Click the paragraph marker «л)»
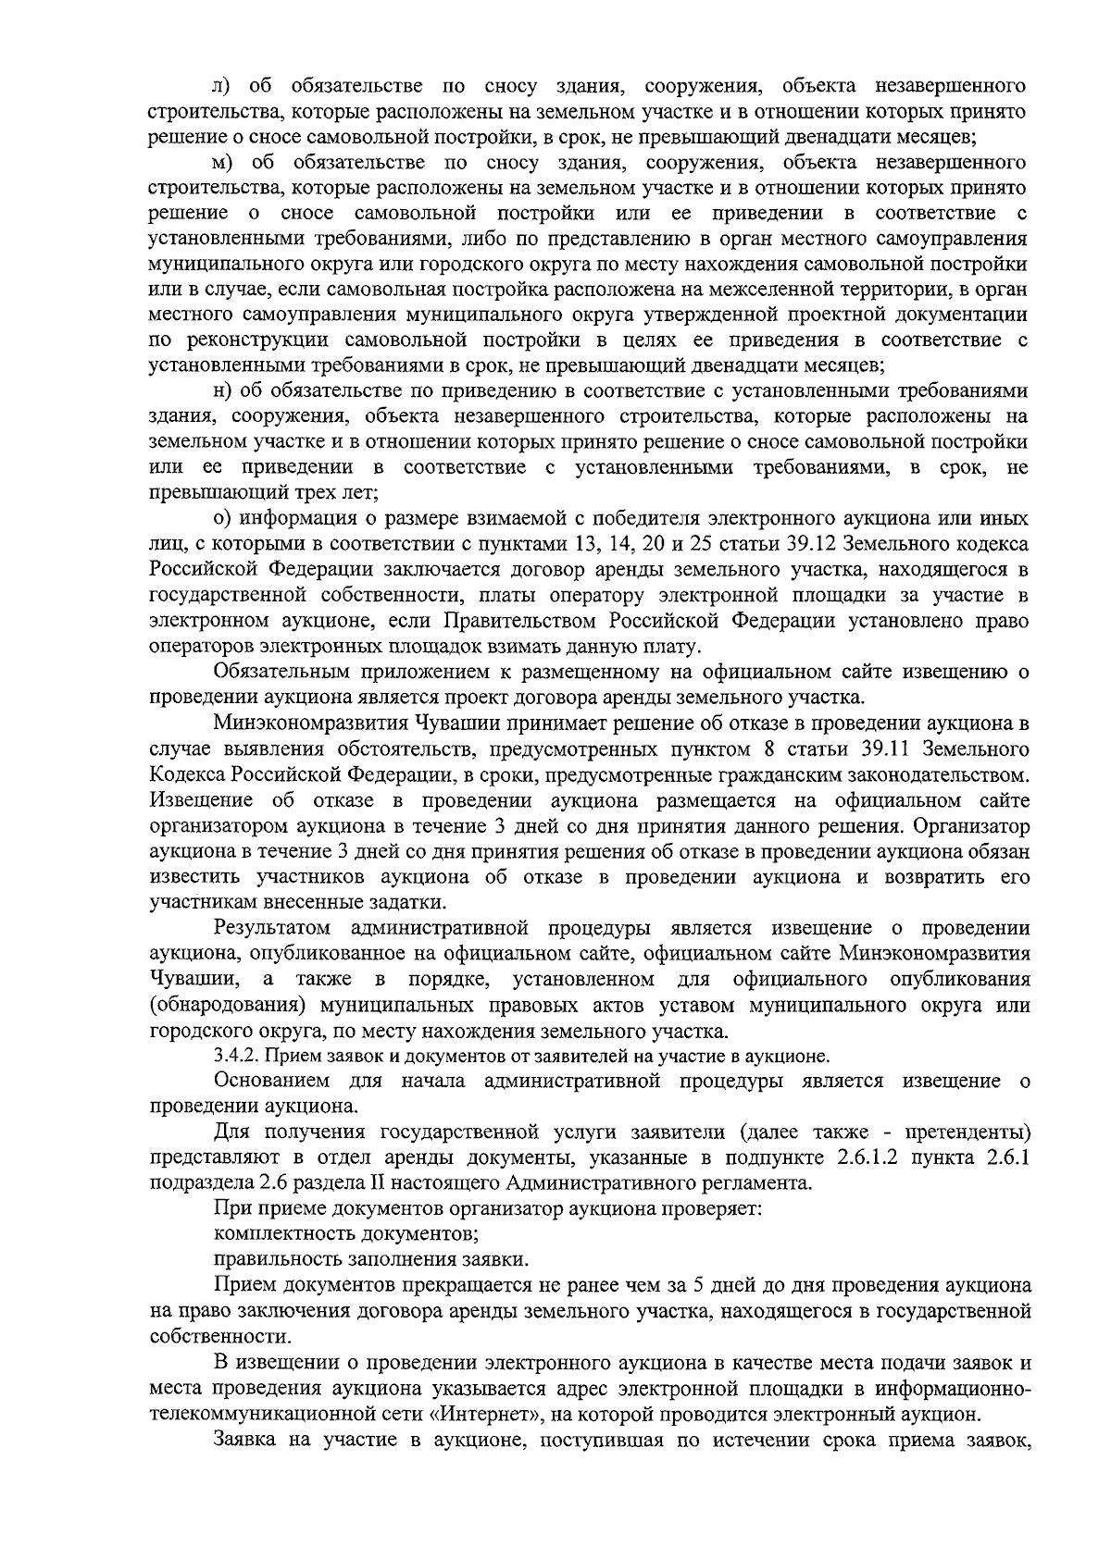pyautogui.click(x=223, y=87)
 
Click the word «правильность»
pyautogui.click(x=274, y=1260)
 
